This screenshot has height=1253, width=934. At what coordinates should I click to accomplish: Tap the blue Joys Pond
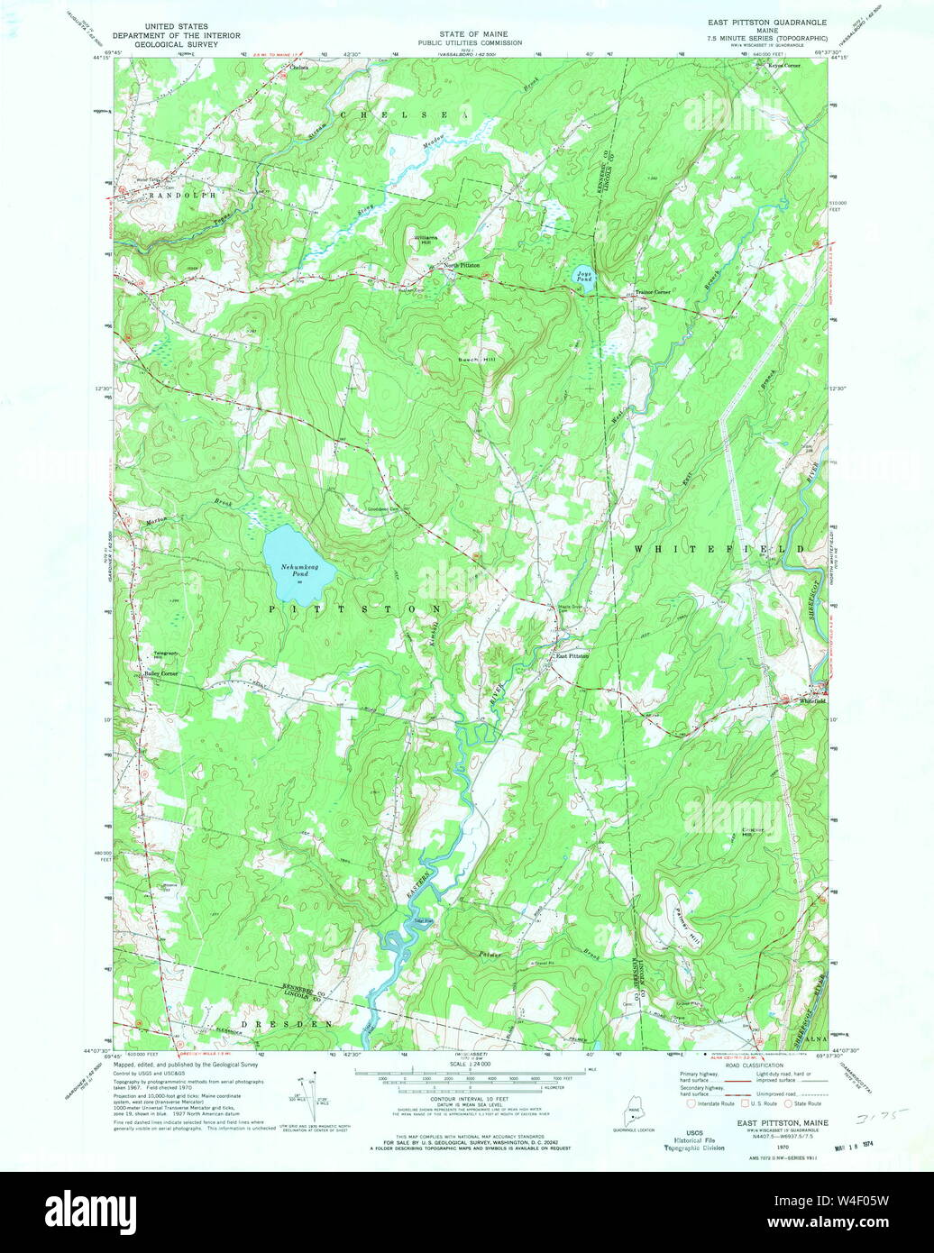584,273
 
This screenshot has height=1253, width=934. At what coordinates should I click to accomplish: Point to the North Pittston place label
460,265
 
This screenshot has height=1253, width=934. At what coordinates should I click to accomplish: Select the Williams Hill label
424,241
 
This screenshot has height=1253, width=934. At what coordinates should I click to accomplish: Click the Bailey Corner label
161,673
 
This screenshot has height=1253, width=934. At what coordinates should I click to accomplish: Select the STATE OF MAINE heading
469,33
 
